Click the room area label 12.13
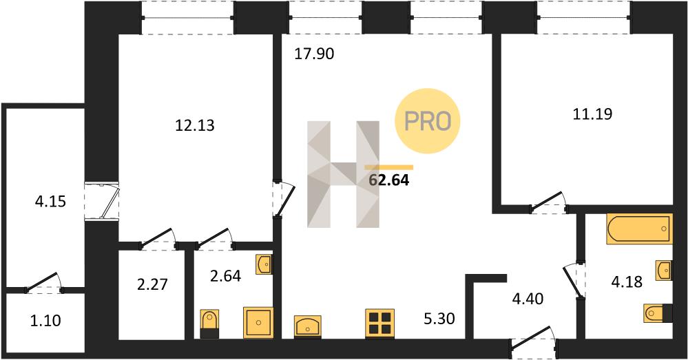coord(195,126)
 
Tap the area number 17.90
coord(314,54)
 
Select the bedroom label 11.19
coord(592,114)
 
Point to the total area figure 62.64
coord(389,180)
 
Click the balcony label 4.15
coord(50,202)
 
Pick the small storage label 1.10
coord(45,321)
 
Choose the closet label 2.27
coord(152,284)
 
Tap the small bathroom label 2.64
coord(225,276)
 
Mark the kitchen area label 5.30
coord(439,318)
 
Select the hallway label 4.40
coord(528,299)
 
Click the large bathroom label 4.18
coord(627,282)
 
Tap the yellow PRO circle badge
coord(428,120)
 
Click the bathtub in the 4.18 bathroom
coord(639,229)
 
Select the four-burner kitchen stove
coord(380,323)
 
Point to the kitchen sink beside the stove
coord(308,327)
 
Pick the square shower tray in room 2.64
coord(258,322)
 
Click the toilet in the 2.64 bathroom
coord(209,324)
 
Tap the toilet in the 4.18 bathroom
coord(658,313)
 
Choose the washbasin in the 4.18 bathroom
coord(663,270)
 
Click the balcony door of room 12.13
coord(101,201)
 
